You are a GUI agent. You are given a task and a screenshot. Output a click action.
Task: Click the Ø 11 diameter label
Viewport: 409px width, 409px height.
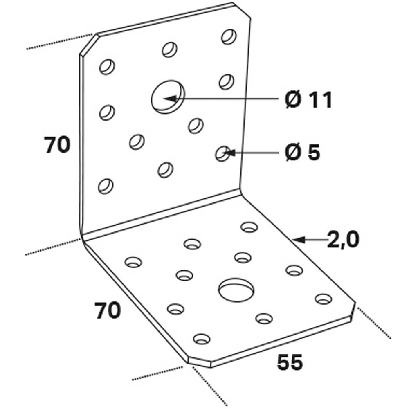[x=308, y=99]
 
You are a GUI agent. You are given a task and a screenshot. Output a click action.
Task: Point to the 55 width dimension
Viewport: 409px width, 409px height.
[x=290, y=362]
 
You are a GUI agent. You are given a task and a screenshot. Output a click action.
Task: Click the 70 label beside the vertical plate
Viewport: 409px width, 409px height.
[x=57, y=144]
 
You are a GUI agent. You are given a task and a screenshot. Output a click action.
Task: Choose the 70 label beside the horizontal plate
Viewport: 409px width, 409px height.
[x=108, y=310]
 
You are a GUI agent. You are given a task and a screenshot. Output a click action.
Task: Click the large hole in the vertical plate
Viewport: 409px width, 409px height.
[x=168, y=97]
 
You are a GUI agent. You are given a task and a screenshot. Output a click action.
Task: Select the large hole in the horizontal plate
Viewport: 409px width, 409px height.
[x=236, y=290]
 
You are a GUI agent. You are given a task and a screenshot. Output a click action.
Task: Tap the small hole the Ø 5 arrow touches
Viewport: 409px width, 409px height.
[x=222, y=153]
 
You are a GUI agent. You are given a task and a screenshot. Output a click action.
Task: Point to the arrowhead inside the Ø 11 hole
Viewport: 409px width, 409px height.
[x=170, y=99]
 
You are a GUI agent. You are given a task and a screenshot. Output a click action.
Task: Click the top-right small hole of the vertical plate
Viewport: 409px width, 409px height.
[x=229, y=37]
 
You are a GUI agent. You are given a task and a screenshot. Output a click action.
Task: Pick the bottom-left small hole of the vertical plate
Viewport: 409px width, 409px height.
[x=106, y=186]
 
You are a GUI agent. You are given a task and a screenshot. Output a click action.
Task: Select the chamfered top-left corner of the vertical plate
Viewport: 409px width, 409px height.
[x=88, y=44]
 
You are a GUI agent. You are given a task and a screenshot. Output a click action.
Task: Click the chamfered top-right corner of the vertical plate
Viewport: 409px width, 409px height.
[x=242, y=11]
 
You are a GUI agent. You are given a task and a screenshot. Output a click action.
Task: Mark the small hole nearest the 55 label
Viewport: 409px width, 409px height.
[x=264, y=318]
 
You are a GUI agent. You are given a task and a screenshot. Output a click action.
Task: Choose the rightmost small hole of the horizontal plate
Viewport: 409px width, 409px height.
[x=324, y=299]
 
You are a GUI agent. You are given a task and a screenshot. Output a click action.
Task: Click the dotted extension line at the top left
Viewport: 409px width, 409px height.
[x=59, y=41]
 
